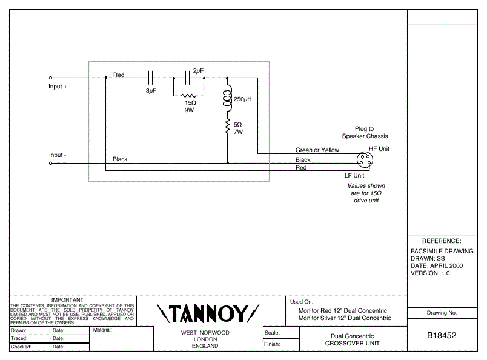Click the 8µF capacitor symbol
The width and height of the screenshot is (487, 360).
click(151, 78)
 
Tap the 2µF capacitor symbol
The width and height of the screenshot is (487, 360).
click(187, 78)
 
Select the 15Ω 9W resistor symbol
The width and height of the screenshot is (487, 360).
click(190, 96)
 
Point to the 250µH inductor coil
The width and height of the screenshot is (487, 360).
click(228, 100)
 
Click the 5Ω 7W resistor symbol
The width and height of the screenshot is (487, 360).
click(227, 127)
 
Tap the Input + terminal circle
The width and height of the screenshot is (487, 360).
click(50, 78)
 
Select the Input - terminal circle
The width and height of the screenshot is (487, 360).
click(50, 163)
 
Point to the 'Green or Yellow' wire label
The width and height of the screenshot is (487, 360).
click(317, 150)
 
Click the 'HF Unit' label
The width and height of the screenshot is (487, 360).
click(379, 148)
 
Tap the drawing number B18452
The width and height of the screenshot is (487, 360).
click(442, 335)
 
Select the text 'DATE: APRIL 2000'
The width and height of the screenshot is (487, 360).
click(437, 265)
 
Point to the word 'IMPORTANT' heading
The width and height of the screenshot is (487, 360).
click(67, 300)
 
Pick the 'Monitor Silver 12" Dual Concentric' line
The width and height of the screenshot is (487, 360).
click(345, 318)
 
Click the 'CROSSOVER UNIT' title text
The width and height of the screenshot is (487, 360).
click(352, 344)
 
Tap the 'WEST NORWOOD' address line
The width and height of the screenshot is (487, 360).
click(205, 333)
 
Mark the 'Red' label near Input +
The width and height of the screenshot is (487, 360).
click(119, 75)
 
